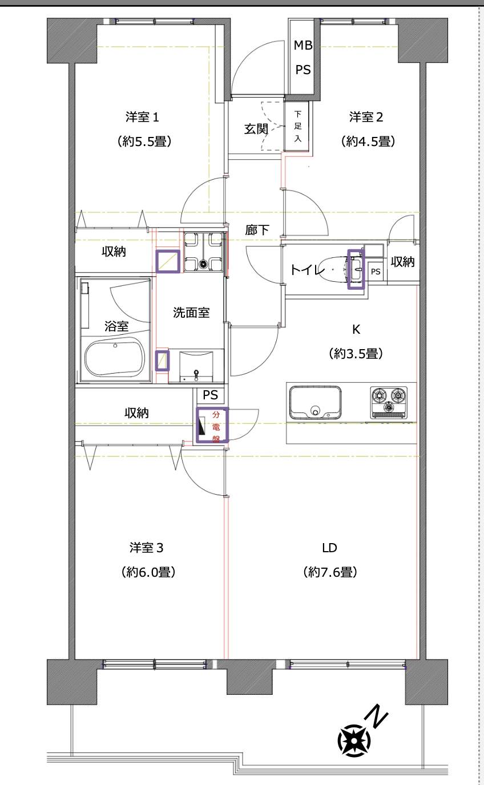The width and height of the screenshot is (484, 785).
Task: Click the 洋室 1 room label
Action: click(142, 117)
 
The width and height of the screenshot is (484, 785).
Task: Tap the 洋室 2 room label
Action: click(366, 117)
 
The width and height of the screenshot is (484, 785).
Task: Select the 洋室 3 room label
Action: click(147, 548)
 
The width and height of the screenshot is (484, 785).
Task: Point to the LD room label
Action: click(329, 548)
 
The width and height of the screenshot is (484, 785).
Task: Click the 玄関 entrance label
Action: click(256, 129)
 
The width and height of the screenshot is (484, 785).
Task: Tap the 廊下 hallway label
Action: click(257, 230)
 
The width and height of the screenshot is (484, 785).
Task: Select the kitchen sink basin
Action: click(316, 403)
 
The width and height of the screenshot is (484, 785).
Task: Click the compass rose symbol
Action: click(354, 740)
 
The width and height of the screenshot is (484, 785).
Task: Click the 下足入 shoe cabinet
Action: click(297, 126)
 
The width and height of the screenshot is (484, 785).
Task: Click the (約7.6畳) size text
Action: click(330, 572)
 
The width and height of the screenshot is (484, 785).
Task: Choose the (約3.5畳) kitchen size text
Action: click(355, 354)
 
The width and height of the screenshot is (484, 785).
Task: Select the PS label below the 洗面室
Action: click(210, 395)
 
